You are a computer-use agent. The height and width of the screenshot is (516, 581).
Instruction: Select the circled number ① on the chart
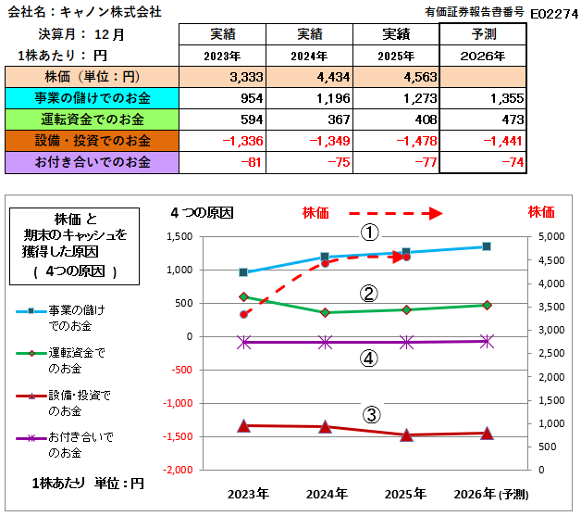[x=369, y=233]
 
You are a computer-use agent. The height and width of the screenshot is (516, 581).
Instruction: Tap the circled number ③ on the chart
[x=369, y=414]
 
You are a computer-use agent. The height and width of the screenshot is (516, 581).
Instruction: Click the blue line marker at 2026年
[x=487, y=246]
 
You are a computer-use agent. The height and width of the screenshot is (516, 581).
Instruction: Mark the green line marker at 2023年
[x=243, y=297]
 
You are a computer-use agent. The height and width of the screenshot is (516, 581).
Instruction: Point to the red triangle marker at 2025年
[x=406, y=434]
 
